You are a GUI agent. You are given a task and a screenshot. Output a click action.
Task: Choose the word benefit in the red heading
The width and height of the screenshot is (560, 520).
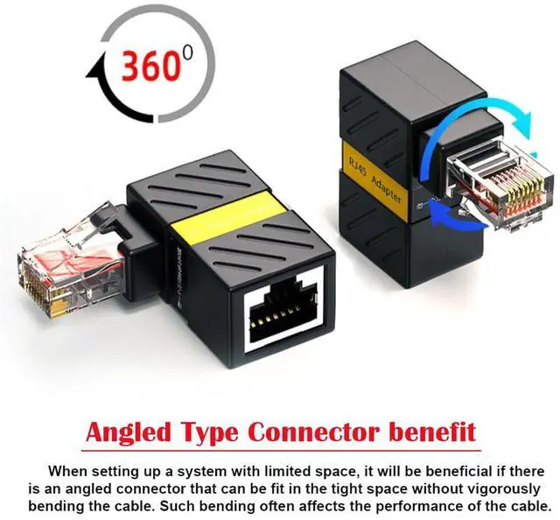[x=434, y=432]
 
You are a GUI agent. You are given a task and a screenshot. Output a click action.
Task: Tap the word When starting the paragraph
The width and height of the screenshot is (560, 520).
[x=67, y=470]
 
